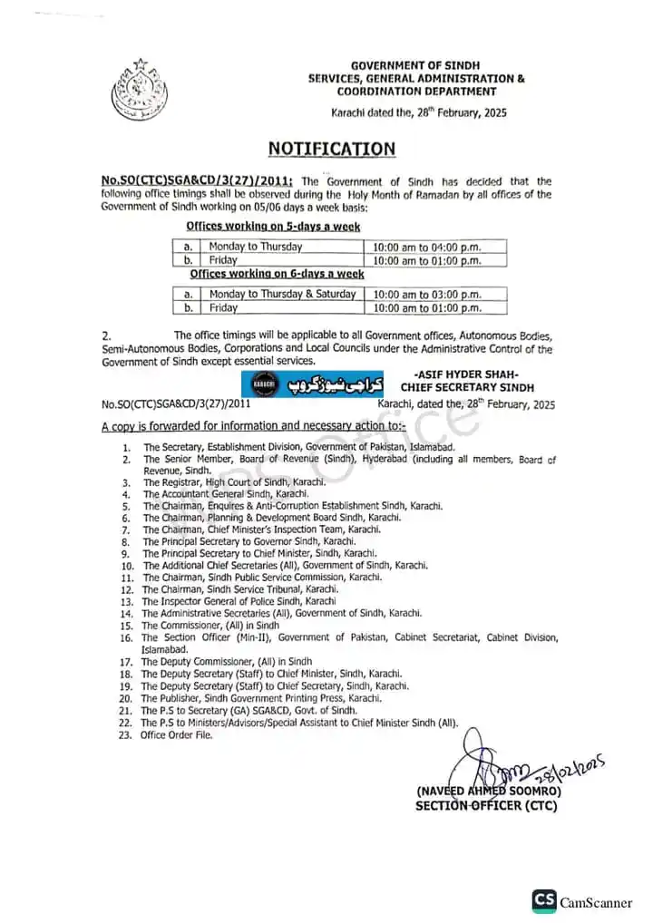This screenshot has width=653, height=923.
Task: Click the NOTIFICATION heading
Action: pyautogui.click(x=331, y=149)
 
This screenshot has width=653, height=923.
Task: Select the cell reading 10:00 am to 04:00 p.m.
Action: pyautogui.click(x=426, y=247)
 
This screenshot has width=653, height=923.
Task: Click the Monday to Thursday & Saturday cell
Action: pyautogui.click(x=282, y=295)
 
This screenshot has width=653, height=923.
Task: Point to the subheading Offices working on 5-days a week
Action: pyautogui.click(x=273, y=227)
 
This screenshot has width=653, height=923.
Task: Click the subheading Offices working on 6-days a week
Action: pyautogui.click(x=277, y=274)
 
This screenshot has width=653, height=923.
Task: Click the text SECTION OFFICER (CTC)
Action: pyautogui.click(x=486, y=805)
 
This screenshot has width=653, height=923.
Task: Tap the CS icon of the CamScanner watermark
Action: pyautogui.click(x=544, y=900)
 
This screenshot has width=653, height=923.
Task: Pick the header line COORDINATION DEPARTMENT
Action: pyautogui.click(x=416, y=92)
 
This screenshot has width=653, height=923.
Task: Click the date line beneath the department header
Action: pyautogui.click(x=418, y=113)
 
